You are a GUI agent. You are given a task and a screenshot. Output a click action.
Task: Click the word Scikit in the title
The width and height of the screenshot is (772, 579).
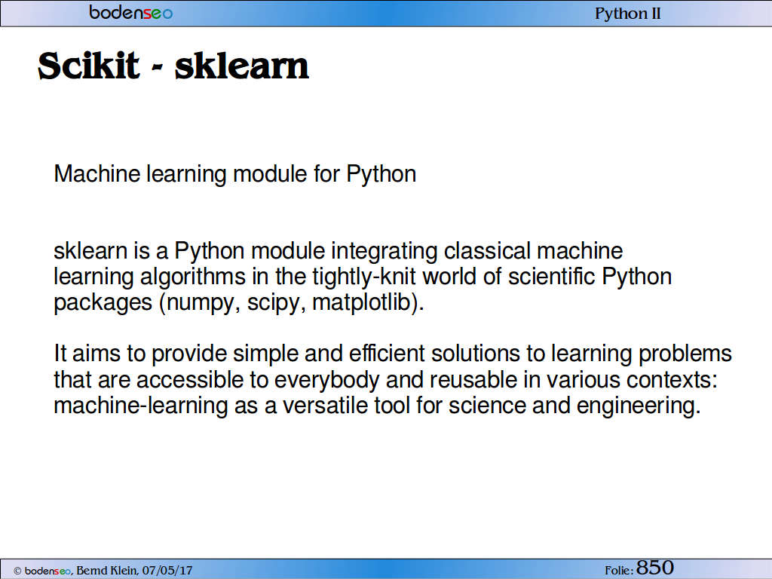click(x=89, y=66)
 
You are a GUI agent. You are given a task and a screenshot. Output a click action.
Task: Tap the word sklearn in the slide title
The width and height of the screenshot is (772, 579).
click(x=242, y=66)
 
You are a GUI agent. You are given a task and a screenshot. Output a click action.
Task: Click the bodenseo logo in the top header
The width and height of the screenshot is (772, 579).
click(x=131, y=12)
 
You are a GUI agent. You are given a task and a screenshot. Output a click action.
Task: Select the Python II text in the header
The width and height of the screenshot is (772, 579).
click(x=628, y=14)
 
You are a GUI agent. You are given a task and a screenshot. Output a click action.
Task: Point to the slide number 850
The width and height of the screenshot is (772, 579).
click(x=655, y=568)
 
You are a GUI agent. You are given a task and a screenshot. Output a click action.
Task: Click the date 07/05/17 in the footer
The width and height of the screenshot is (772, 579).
click(x=167, y=571)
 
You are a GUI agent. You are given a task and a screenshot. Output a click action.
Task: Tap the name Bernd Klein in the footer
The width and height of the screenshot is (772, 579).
click(x=107, y=571)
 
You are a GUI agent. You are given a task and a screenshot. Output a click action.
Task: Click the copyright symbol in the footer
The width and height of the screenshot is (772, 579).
click(x=18, y=571)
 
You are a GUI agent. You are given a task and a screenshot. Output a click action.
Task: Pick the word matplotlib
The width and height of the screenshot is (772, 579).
click(x=362, y=302)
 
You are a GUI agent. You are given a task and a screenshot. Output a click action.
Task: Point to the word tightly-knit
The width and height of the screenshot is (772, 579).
click(x=364, y=277)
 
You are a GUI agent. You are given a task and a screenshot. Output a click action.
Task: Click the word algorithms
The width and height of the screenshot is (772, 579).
click(x=193, y=277)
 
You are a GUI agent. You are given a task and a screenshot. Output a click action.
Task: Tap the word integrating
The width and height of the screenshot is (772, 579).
click(x=384, y=252)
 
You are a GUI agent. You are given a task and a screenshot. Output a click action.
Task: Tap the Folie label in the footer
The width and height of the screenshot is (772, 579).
click(x=619, y=571)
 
